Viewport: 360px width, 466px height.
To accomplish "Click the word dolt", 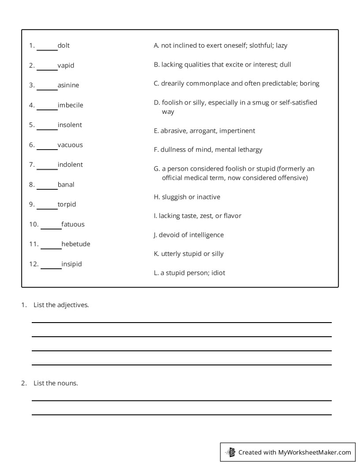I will (64, 45).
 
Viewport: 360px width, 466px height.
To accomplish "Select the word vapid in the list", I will (66, 65).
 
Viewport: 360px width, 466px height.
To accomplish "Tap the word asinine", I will (68, 85).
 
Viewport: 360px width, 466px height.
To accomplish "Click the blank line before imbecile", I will (47, 108).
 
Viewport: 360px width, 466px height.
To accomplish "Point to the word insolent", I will (70, 125).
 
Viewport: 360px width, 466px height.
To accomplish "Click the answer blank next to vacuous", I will (47, 148).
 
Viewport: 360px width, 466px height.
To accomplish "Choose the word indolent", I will (70, 165).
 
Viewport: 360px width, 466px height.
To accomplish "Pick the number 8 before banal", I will (31, 185).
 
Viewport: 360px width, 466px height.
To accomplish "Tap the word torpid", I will (67, 204).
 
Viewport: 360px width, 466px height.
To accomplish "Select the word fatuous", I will (73, 224).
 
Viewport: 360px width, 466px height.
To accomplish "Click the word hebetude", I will (76, 244).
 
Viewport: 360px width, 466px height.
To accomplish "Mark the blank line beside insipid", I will (51, 267).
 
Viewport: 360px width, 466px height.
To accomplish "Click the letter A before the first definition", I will (156, 45).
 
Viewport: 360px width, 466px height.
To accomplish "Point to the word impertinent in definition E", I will (237, 131).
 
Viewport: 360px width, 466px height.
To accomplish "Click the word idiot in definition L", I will (218, 273).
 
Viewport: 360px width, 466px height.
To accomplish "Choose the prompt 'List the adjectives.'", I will (61, 304).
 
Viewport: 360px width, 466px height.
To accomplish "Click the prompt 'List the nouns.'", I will (56, 383).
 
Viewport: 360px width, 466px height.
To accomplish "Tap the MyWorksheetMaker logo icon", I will (230, 452).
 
